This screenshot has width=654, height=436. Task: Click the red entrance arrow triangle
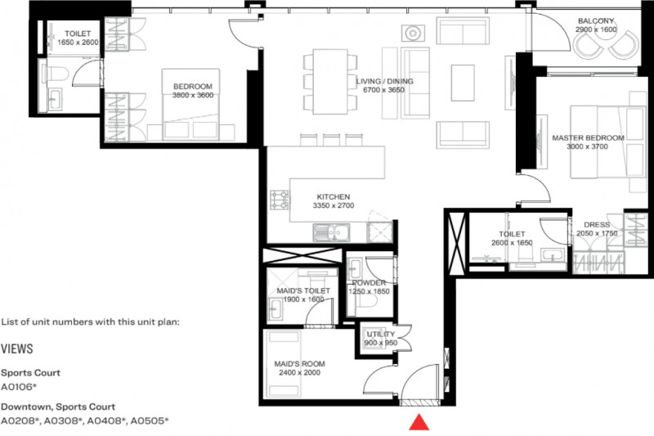pos(419,422)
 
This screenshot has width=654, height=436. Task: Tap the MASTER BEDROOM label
pos(588,137)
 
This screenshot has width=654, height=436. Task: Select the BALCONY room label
pos(596,21)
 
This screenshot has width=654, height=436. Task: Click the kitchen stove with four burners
pos(279,200)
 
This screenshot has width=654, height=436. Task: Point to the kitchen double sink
pos(332,232)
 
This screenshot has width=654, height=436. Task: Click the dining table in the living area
pos(330,81)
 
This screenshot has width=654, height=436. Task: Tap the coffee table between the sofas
pos(463,83)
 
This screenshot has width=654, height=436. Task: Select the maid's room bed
pos(284,364)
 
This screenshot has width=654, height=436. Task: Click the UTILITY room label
pos(380,335)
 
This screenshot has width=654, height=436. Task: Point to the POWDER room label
pos(370,283)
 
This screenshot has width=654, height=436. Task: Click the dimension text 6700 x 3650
pos(383,90)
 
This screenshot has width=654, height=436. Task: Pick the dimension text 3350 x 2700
pos(334,205)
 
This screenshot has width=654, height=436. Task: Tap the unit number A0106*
pos(19,387)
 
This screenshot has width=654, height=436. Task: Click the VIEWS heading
pos(16,348)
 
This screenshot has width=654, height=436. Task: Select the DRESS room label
pos(597,224)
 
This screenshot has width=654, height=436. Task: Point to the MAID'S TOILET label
pos(303,290)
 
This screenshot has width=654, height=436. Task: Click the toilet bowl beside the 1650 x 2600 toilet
pos(58,74)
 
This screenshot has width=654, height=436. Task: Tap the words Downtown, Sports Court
pos(58,407)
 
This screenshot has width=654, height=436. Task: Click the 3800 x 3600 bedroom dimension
pos(193,95)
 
